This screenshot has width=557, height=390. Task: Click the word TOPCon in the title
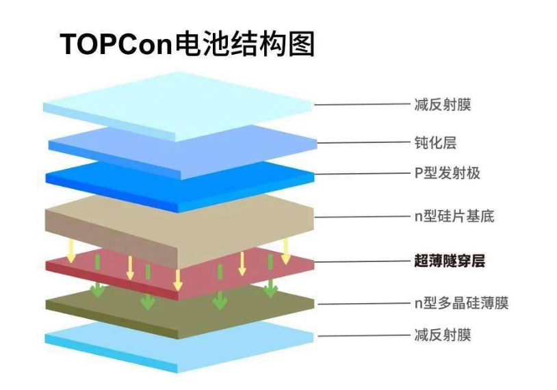116,44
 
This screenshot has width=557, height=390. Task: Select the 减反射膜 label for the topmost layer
443,105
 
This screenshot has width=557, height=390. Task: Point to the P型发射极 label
448,173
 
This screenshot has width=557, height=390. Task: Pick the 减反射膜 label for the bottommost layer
443,335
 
